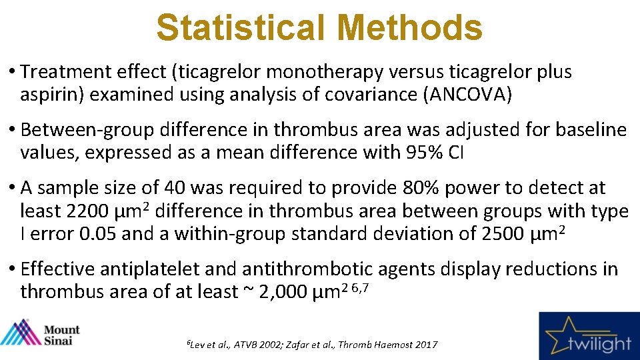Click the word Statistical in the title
[x=241, y=29]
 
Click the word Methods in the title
[x=409, y=29]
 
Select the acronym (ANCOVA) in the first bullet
[x=468, y=95]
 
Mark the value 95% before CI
[x=425, y=152]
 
